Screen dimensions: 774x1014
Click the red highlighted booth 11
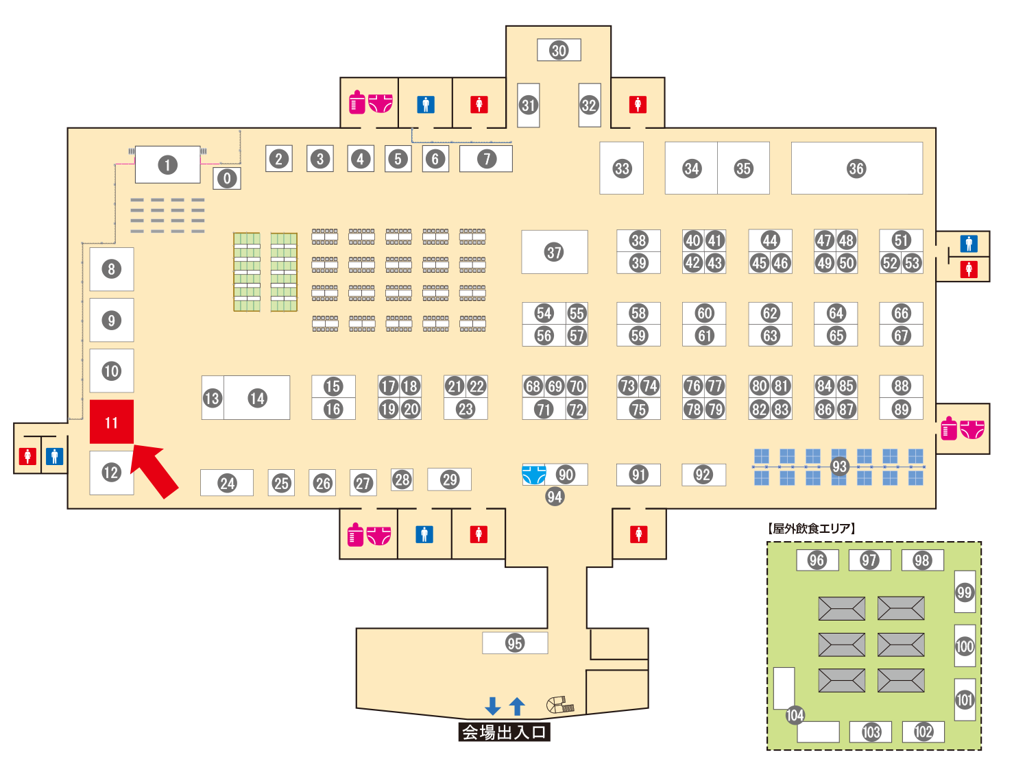pyautogui.click(x=111, y=422)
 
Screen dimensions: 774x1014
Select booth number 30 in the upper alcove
pyautogui.click(x=559, y=50)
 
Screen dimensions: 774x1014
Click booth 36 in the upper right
pyautogui.click(x=856, y=168)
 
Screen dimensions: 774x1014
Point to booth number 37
pyautogui.click(x=554, y=252)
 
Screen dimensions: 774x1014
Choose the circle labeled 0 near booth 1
pyautogui.click(x=227, y=178)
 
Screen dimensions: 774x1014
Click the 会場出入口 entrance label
pyautogui.click(x=504, y=732)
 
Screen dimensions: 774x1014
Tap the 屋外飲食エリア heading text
pyautogui.click(x=812, y=528)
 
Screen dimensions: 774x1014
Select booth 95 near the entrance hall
pyautogui.click(x=515, y=643)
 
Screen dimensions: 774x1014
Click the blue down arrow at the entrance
pyautogui.click(x=492, y=706)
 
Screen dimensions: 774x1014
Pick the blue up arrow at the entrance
pyautogui.click(x=518, y=706)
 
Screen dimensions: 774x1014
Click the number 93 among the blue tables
pyautogui.click(x=839, y=466)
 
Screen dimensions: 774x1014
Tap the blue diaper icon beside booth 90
pyautogui.click(x=534, y=474)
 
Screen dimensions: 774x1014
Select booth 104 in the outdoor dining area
pyautogui.click(x=795, y=715)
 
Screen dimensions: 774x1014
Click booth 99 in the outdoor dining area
pyautogui.click(x=965, y=592)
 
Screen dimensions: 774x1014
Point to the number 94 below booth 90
pyautogui.click(x=555, y=497)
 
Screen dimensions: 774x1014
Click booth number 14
pyautogui.click(x=257, y=398)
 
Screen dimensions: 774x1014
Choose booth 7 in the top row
pyautogui.click(x=486, y=159)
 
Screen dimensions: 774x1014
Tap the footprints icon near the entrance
pyautogui.click(x=559, y=704)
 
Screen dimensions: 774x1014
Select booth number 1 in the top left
pyautogui.click(x=167, y=164)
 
